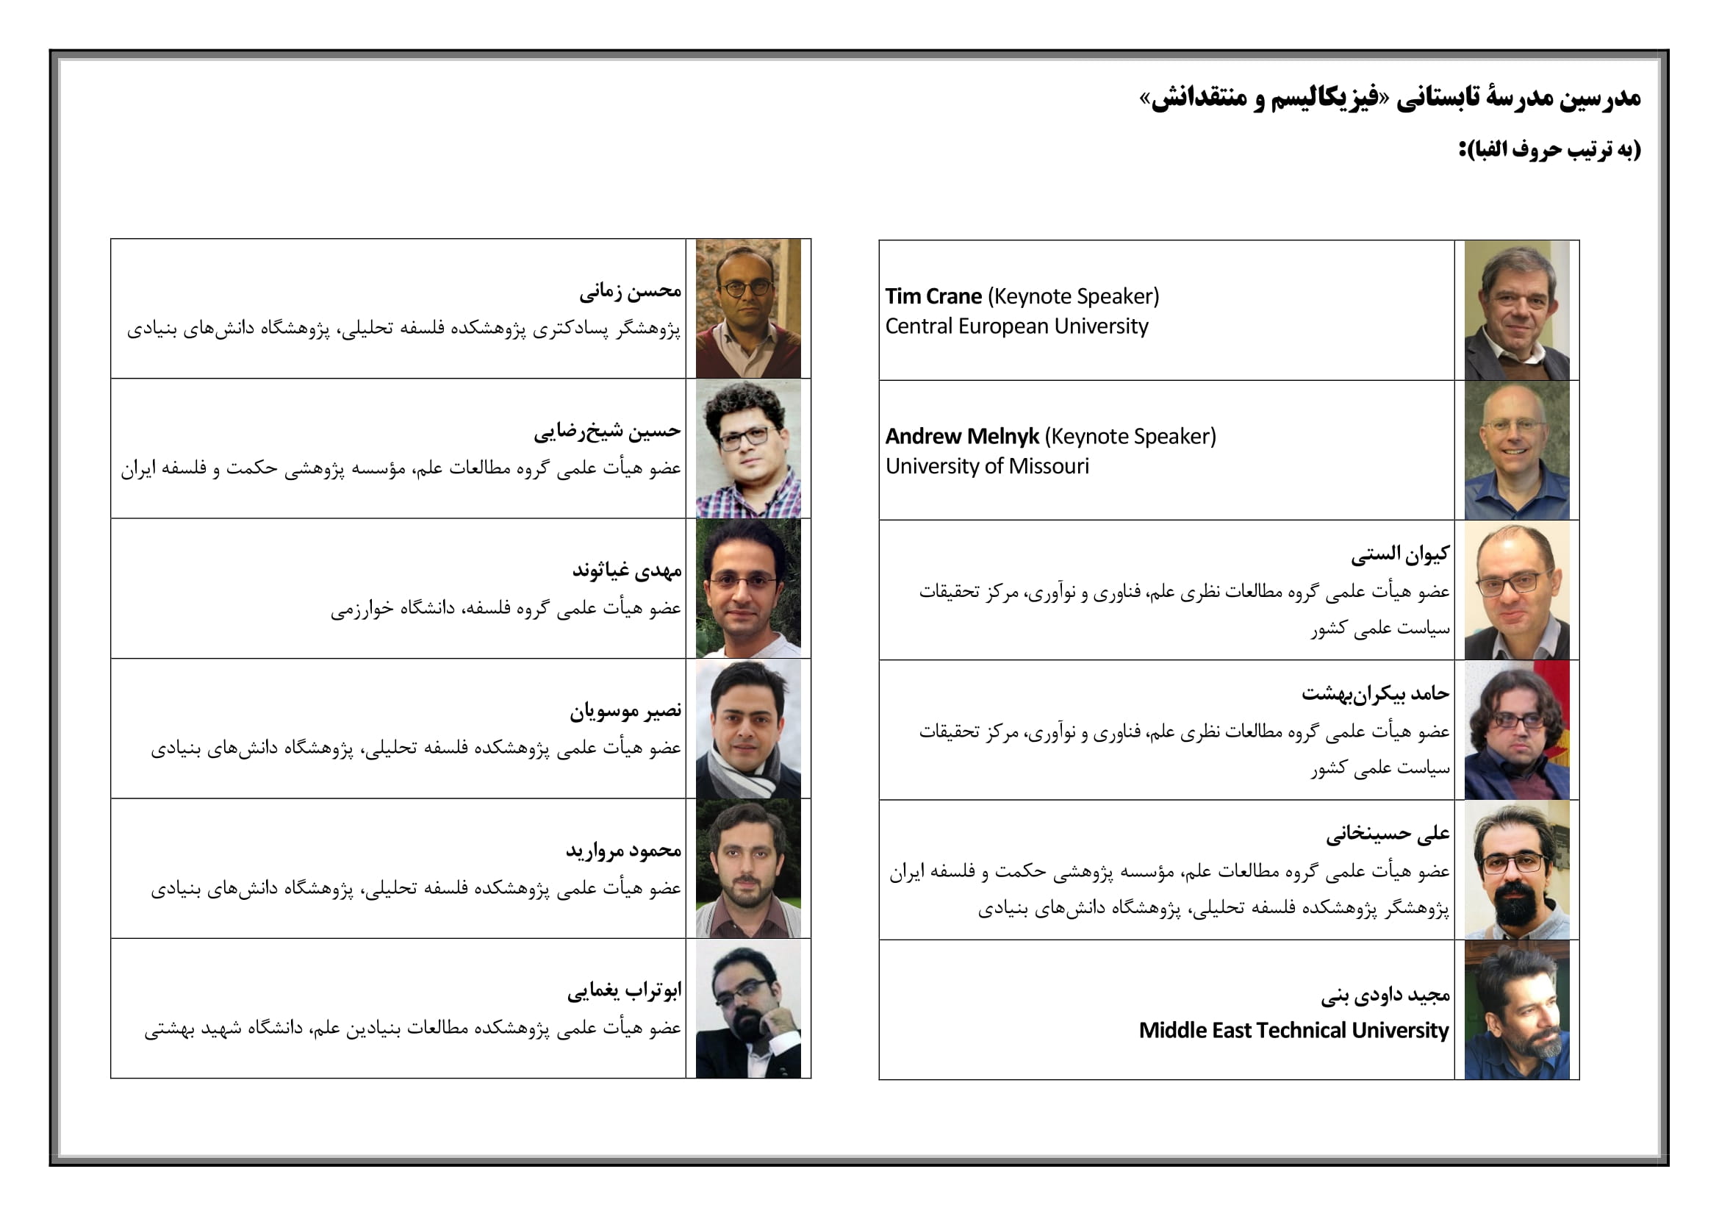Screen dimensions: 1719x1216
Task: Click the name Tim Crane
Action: click(933, 296)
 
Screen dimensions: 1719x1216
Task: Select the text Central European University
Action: click(1016, 326)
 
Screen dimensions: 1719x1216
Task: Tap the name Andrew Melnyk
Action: click(961, 437)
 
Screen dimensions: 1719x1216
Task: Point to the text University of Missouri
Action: click(987, 467)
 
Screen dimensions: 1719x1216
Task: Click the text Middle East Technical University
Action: click(1293, 1031)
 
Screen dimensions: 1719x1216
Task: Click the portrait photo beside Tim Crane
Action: click(1516, 310)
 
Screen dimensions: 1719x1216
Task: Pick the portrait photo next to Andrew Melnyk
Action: click(1516, 450)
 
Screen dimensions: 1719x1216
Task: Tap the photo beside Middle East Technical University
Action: click(1516, 1010)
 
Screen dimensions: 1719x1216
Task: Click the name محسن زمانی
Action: click(630, 290)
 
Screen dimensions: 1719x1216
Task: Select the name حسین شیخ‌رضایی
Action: click(607, 431)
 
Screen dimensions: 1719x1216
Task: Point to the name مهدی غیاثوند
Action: click(627, 571)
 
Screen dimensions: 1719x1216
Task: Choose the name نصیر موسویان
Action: click(625, 711)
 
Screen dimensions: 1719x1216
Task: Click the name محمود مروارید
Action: click(623, 851)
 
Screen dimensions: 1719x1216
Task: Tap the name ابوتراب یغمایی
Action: click(624, 990)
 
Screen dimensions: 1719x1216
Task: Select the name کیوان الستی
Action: click(1400, 554)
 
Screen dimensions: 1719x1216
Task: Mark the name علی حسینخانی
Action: click(1388, 834)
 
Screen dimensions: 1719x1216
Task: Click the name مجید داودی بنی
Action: click(1385, 995)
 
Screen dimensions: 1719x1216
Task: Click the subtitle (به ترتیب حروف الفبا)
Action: click(1549, 150)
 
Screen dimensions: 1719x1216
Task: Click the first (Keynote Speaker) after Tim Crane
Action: click(1073, 296)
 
